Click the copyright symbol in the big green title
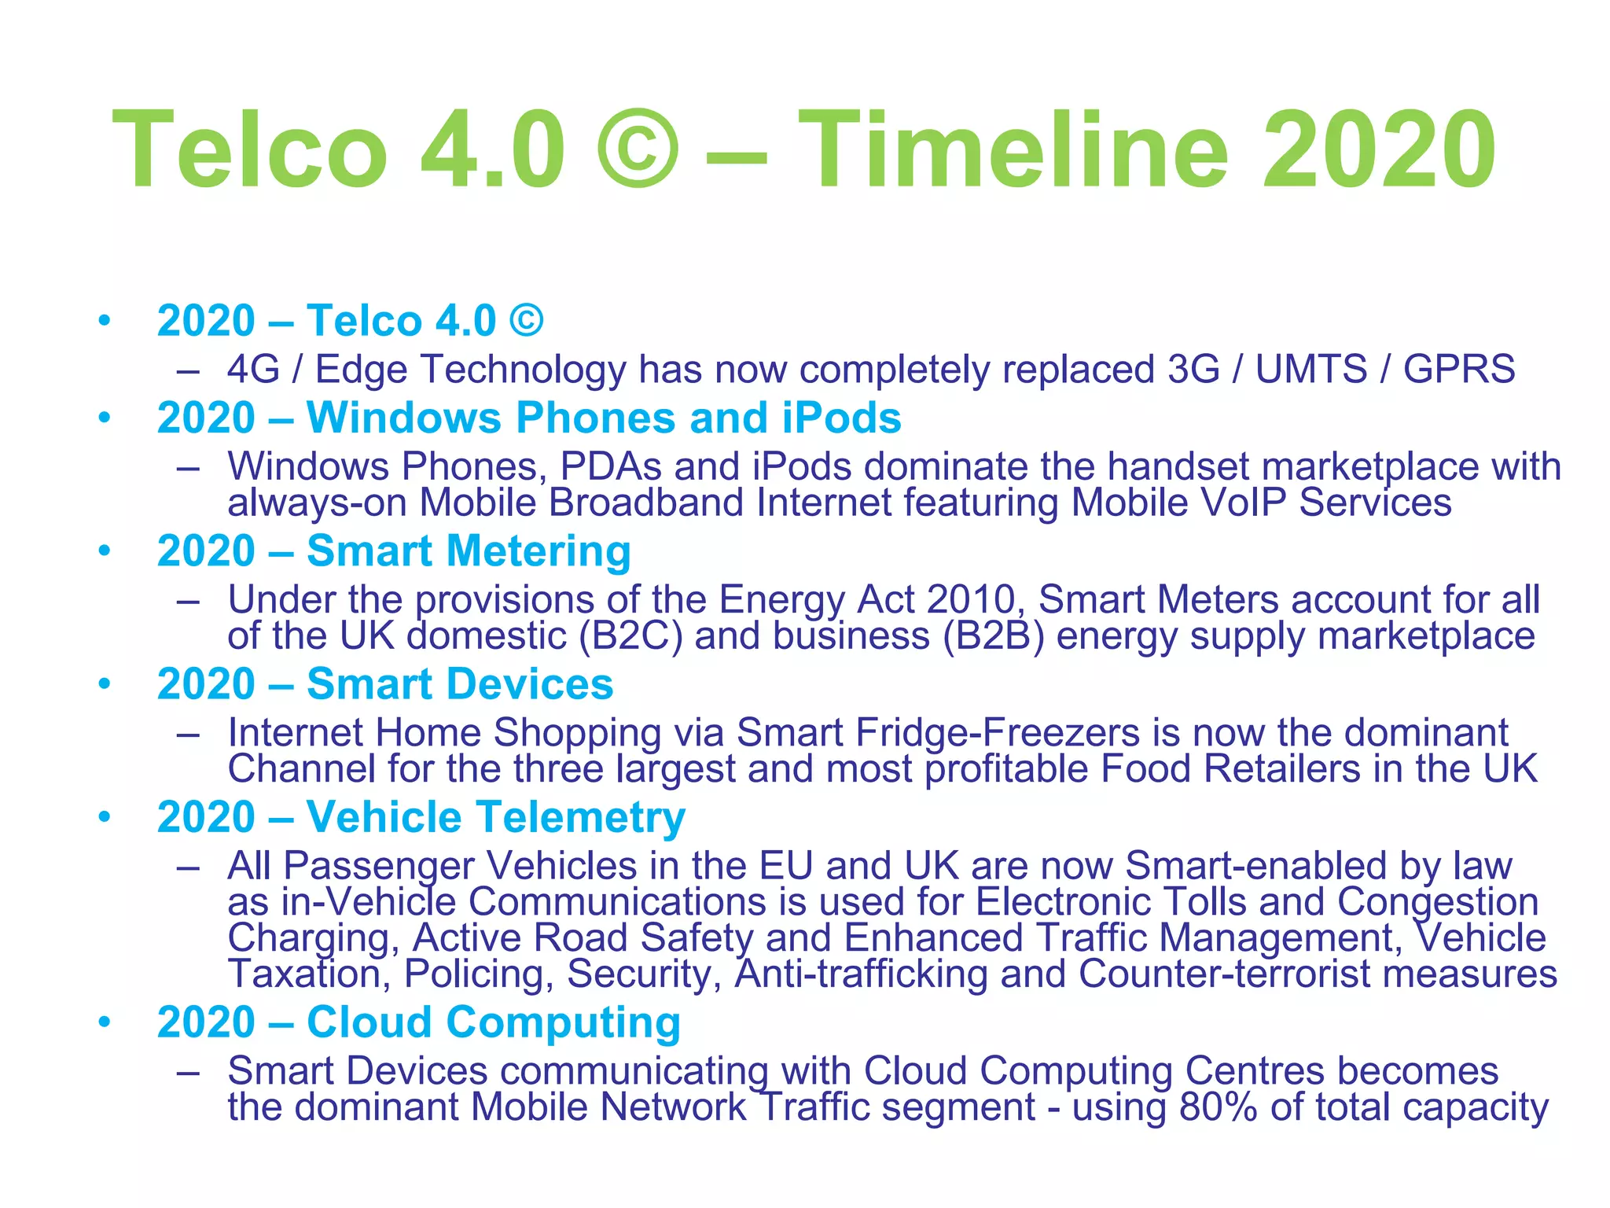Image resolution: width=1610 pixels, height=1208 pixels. [637, 149]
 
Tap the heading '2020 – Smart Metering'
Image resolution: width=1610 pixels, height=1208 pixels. [394, 551]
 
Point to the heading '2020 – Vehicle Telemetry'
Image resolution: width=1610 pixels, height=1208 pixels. [421, 817]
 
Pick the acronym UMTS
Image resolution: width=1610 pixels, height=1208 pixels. [1311, 369]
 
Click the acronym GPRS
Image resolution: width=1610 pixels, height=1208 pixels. [1459, 369]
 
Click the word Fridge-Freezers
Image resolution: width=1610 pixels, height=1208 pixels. [997, 733]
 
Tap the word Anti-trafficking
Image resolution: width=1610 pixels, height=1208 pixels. [861, 974]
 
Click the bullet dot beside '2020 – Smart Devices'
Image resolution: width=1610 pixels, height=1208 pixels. [105, 683]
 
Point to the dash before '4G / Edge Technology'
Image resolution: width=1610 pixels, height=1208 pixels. [187, 370]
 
